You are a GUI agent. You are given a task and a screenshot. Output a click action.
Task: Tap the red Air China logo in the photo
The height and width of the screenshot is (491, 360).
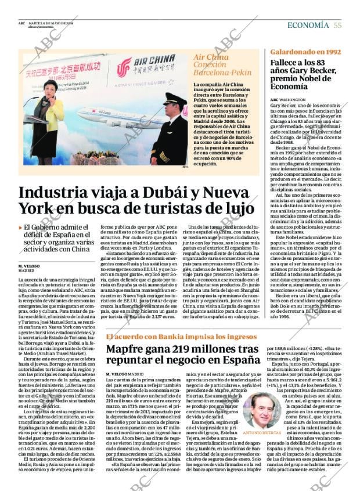(x=123, y=68)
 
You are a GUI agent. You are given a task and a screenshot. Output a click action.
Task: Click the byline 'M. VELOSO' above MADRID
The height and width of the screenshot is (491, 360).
(x=30, y=266)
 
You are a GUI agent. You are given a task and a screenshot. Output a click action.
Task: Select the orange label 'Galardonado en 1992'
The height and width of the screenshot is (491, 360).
(x=305, y=52)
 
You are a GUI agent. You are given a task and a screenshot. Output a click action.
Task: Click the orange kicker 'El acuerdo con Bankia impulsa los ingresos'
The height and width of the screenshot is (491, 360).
(x=180, y=337)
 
